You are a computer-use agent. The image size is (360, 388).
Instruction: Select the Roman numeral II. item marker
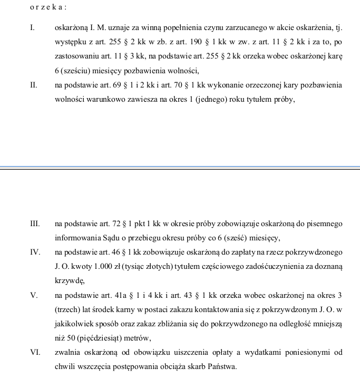[x=34, y=85]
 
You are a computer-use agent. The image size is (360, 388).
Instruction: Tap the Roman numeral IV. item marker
[x=35, y=253]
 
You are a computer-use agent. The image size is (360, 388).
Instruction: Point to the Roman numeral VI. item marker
[x=35, y=352]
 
